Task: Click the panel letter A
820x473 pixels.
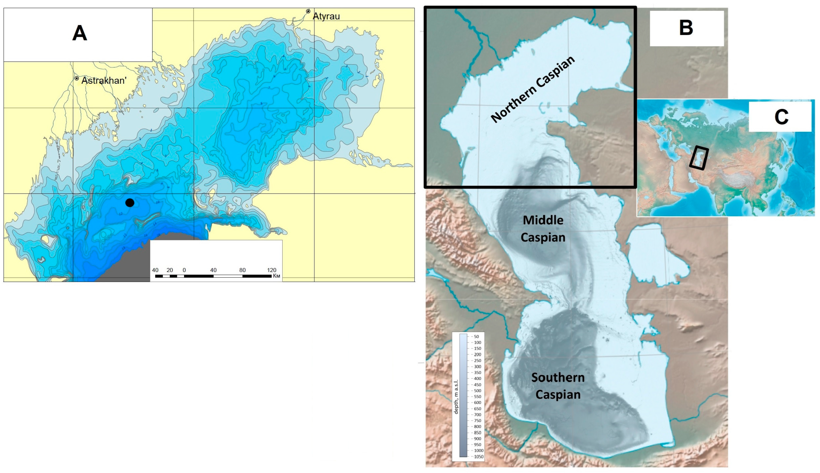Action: coord(80,33)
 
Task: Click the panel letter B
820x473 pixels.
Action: coord(686,28)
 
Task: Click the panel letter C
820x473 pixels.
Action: coord(781,117)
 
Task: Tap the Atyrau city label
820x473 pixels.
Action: coord(326,16)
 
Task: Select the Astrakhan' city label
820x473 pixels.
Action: coord(103,80)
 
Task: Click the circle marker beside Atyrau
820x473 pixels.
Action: coord(308,11)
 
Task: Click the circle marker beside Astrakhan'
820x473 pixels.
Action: coord(77,78)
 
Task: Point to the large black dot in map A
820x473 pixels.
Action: coord(130,203)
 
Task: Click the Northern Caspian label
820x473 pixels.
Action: coord(533,89)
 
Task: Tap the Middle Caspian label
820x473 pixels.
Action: coord(543,229)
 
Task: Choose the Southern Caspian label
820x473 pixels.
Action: coord(558,386)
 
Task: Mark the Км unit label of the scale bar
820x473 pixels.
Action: coord(276,276)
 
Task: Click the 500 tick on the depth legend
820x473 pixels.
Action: coord(477,391)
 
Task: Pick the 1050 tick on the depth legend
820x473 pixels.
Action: coord(478,457)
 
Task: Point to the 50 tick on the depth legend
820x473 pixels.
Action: coord(476,337)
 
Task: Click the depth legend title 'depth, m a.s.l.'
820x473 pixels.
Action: coord(456,397)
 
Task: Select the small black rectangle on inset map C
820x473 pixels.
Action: coord(698,158)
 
